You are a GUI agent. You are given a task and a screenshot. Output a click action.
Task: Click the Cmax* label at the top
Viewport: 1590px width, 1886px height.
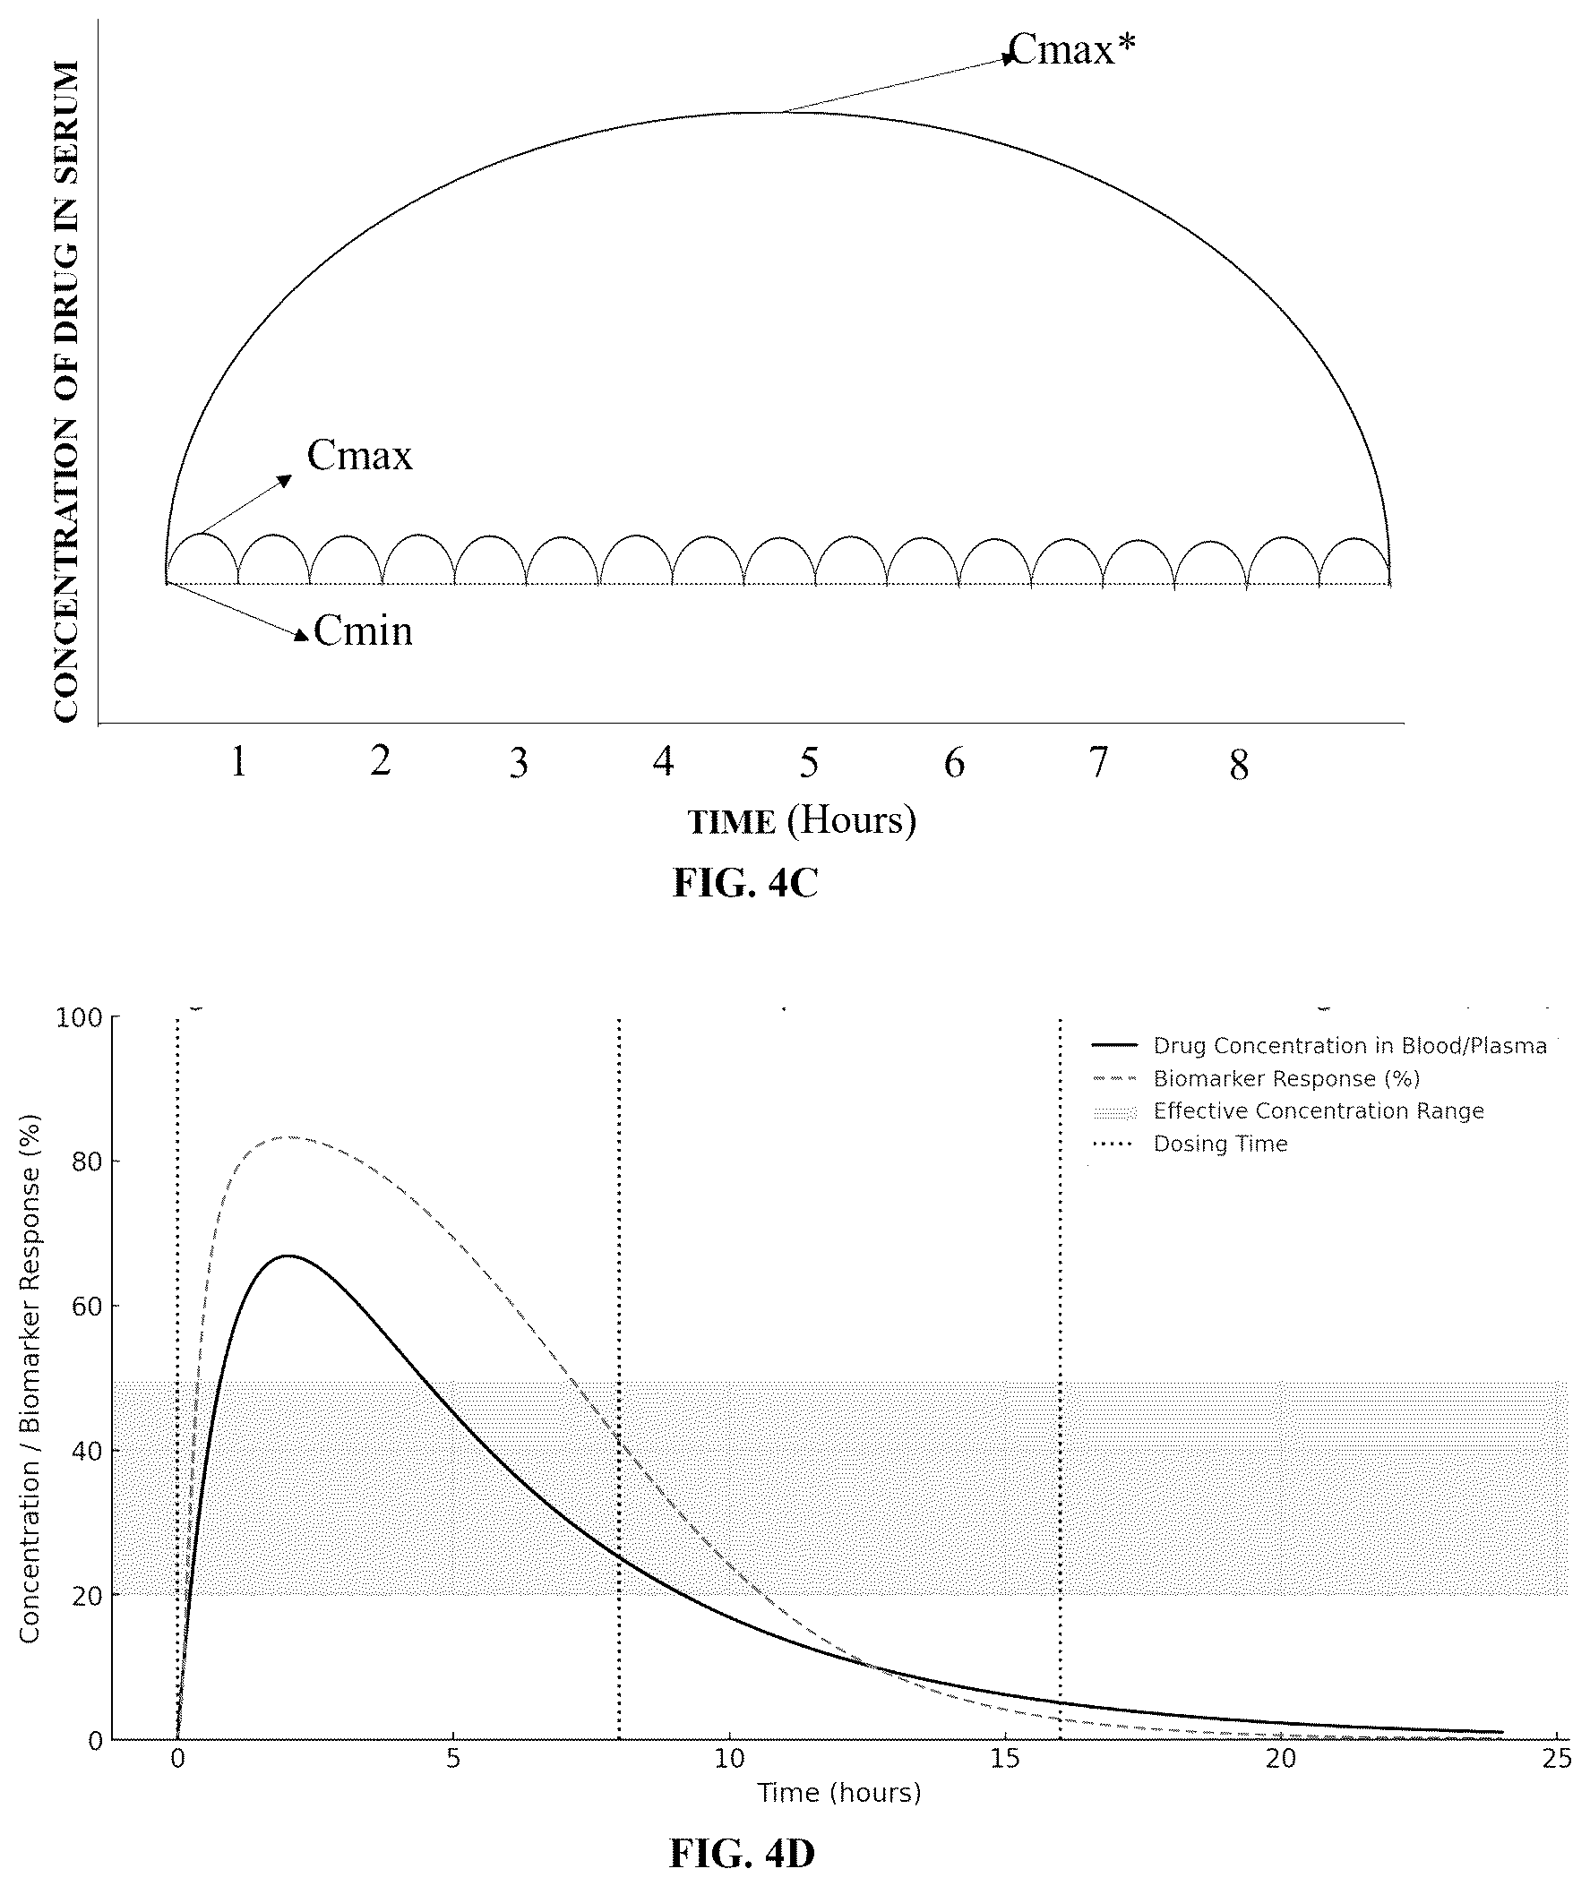coord(1072,50)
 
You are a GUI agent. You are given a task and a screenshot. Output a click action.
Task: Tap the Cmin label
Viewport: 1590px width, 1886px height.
coord(364,630)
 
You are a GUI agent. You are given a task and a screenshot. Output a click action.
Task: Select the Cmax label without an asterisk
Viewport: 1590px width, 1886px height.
coord(359,455)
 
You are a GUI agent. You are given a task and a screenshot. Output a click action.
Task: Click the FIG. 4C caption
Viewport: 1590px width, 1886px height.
coord(745,883)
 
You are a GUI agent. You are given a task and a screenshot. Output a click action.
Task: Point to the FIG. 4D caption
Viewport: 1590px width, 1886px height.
coord(742,1853)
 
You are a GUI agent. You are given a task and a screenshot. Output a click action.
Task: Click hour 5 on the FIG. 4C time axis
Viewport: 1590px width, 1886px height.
coord(809,763)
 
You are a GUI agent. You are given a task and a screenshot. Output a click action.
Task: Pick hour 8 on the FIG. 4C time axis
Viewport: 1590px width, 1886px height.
coord(1240,765)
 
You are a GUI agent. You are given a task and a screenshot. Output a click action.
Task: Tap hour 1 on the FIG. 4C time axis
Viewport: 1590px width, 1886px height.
coord(238,762)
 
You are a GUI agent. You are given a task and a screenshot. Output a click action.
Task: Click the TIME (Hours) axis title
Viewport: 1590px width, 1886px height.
coord(803,821)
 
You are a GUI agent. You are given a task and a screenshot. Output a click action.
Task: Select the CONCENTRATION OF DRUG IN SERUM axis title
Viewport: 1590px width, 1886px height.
coord(65,391)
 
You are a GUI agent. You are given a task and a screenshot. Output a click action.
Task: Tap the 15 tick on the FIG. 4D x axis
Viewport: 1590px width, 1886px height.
coord(1005,1759)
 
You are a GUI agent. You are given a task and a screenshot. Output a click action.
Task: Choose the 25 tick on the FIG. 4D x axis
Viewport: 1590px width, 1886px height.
coord(1557,1759)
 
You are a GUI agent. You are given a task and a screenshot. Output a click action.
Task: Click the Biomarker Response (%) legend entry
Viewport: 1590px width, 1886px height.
coord(1256,1078)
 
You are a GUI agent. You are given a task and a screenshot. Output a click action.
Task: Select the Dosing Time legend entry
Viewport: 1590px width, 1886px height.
coord(1190,1144)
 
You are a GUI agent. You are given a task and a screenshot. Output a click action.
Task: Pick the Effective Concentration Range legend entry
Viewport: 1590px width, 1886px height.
coord(1288,1111)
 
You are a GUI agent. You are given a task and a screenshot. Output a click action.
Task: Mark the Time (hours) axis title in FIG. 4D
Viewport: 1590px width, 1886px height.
coord(839,1793)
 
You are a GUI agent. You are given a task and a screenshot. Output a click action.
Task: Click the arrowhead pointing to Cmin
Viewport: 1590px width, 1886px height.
coord(302,636)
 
